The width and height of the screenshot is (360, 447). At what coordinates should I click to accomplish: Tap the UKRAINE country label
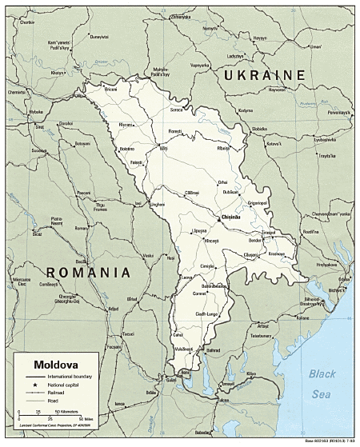(265, 74)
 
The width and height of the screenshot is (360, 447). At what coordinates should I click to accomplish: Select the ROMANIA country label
(89, 273)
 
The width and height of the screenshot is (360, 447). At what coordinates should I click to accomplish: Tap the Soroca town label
(177, 109)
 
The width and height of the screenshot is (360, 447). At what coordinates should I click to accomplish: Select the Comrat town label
(199, 295)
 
